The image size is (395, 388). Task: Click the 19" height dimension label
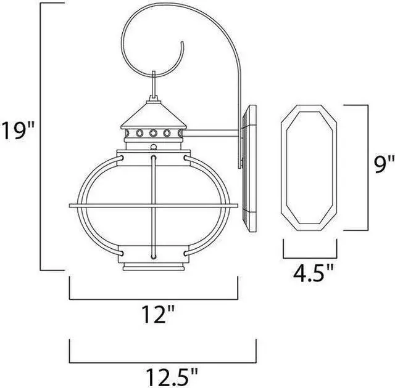point(20,131)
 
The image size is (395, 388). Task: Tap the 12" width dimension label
point(153,316)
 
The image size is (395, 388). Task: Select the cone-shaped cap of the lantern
point(151,115)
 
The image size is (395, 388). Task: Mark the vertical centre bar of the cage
point(152,203)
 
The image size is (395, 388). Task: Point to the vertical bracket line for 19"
point(41,135)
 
